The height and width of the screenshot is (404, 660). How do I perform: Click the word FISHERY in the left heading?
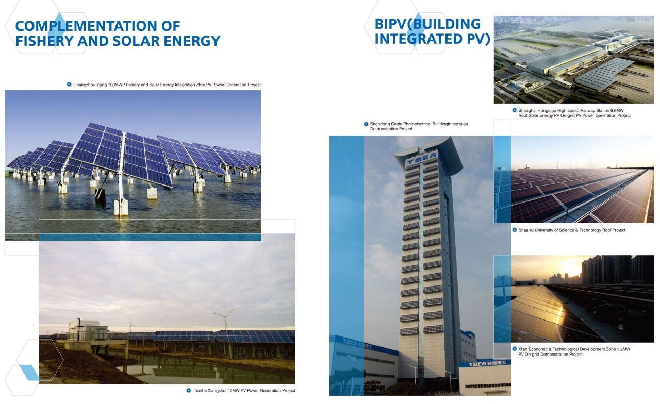[44, 41]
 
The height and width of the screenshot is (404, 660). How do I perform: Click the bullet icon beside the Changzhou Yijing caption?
[69, 85]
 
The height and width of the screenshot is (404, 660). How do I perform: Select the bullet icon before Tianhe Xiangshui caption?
[189, 390]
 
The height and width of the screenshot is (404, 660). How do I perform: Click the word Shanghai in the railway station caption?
[527, 110]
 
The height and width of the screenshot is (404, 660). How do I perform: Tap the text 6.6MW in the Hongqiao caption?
[617, 110]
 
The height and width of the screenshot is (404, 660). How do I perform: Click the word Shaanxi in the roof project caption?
[526, 230]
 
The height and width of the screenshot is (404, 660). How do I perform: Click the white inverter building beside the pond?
[88, 328]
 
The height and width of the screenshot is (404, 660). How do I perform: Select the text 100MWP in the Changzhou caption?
[117, 85]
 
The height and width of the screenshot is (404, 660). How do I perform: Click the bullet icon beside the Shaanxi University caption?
[515, 230]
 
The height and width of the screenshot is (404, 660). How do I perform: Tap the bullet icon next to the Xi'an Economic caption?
[515, 349]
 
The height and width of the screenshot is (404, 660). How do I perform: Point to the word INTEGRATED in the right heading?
[419, 39]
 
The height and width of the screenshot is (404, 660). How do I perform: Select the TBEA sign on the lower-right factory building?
[487, 364]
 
